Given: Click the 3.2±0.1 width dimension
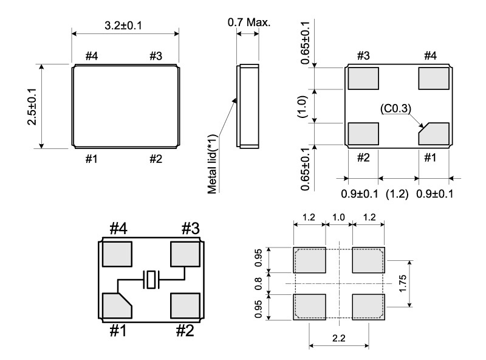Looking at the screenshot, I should point(125,27).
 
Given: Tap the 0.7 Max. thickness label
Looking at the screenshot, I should point(249,23).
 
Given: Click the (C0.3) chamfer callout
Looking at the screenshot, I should point(396,109).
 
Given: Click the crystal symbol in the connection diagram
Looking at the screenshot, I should point(151,280).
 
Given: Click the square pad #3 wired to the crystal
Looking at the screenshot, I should point(185,254).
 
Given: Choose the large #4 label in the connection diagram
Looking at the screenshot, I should point(117,229).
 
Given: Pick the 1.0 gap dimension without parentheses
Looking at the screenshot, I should point(338,218).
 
